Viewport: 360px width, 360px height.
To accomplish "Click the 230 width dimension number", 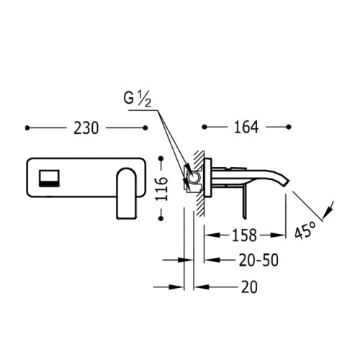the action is click(86, 128).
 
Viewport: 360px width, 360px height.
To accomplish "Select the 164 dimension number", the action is click(246, 127).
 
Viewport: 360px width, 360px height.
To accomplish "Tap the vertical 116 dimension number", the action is click(161, 189).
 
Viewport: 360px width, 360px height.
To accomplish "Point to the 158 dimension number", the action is click(244, 235).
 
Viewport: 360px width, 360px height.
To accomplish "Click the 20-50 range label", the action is click(258, 260).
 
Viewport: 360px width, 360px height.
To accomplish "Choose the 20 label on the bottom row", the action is click(249, 287).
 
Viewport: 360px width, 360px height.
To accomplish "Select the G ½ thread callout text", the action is click(138, 99).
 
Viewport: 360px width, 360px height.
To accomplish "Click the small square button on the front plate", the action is click(49, 178).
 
